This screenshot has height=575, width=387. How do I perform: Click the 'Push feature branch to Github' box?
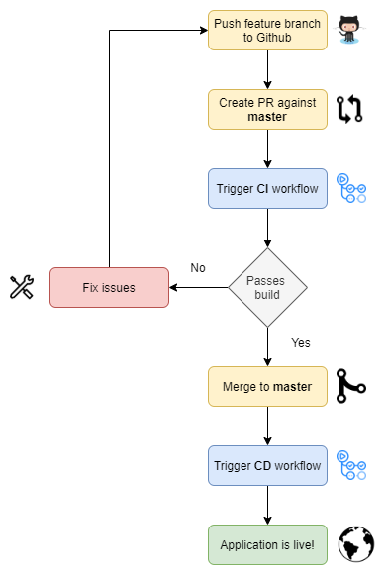[x=267, y=30]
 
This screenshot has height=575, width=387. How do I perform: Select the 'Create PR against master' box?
[x=267, y=109]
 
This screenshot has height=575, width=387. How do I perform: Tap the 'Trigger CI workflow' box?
[x=267, y=188]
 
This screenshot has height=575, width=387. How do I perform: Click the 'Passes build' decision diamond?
[x=267, y=287]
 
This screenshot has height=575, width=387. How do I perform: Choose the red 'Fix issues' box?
[x=109, y=287]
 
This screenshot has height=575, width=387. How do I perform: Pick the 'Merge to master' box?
[x=267, y=386]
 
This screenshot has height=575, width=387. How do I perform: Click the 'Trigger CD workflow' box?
[x=267, y=465]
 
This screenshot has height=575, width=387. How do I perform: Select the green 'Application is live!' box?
[x=267, y=544]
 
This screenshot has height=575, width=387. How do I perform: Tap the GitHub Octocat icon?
[x=350, y=30]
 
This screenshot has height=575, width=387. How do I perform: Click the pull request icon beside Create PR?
[x=350, y=109]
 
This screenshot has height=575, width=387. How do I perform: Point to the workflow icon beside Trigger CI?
[x=352, y=188]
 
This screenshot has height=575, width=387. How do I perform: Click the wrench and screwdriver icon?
[x=22, y=288]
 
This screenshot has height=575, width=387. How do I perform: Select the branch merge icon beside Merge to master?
[x=351, y=385]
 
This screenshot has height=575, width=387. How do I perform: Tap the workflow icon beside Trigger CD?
[x=352, y=465]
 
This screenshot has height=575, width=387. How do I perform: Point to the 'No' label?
[x=198, y=268]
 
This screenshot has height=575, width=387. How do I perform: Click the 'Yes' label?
[x=301, y=342]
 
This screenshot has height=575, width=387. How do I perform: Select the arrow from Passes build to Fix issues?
[x=198, y=287]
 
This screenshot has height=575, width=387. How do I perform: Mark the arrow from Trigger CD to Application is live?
[x=267, y=505]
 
